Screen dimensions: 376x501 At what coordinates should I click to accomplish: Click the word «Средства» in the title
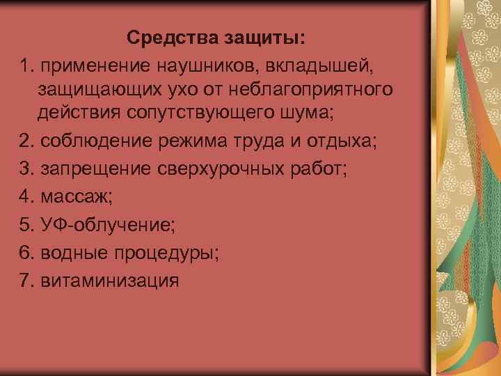coord(166,37)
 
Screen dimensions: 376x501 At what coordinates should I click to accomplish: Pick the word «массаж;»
coord(76,197)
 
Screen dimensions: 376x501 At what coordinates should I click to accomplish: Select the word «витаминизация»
coord(110,281)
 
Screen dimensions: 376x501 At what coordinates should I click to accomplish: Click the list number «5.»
coord(28,225)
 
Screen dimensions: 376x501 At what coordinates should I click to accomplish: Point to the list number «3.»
coord(28,169)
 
